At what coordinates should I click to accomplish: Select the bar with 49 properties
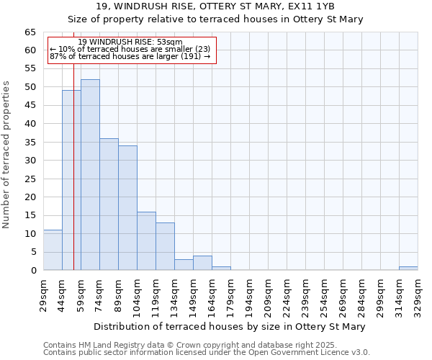[x=71, y=180]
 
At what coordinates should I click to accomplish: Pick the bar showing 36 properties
[x=109, y=204]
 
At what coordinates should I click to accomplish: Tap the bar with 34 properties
[x=127, y=208]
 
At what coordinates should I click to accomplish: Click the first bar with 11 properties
[x=53, y=250]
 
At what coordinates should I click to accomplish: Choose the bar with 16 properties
[x=146, y=241]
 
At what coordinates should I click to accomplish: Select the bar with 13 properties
[x=165, y=246]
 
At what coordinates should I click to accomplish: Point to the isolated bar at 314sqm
[x=408, y=269]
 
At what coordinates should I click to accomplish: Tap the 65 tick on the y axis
[x=30, y=32]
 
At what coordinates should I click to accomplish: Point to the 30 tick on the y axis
[x=30, y=161]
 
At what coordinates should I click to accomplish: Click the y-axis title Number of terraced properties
[x=8, y=154]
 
